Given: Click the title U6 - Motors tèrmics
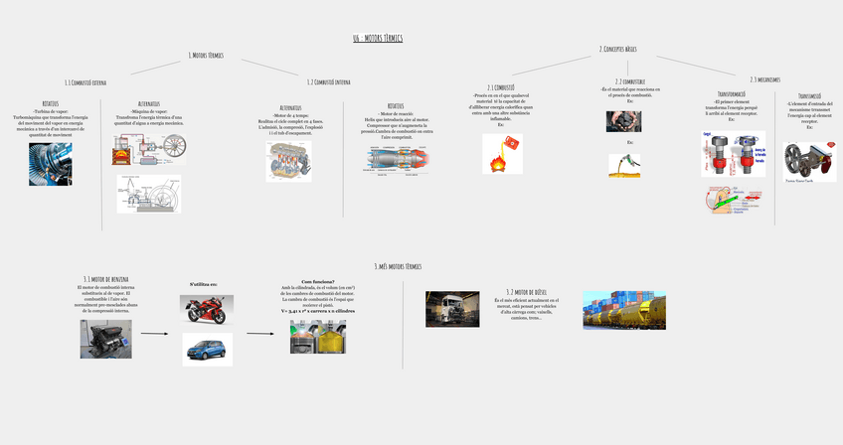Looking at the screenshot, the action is pyautogui.click(x=377, y=39).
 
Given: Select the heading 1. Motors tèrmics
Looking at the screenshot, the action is pyautogui.click(x=205, y=56).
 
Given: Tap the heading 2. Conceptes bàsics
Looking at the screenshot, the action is pyautogui.click(x=617, y=49).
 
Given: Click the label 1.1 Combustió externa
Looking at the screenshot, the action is pyautogui.click(x=85, y=82).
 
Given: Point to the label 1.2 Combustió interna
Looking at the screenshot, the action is pyautogui.click(x=328, y=82).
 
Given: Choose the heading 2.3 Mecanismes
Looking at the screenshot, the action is pyautogui.click(x=764, y=79).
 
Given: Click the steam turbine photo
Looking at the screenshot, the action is pyautogui.click(x=50, y=164).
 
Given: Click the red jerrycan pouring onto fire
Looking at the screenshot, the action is pyautogui.click(x=502, y=154).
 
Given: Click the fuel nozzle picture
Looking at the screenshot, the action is pyautogui.click(x=624, y=165).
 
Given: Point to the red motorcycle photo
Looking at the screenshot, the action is pyautogui.click(x=207, y=309).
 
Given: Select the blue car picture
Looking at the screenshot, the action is pyautogui.click(x=207, y=349).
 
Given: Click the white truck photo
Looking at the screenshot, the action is pyautogui.click(x=451, y=309).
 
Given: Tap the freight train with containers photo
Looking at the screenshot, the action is pyautogui.click(x=623, y=310).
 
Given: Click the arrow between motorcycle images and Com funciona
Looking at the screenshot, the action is pyautogui.click(x=259, y=334).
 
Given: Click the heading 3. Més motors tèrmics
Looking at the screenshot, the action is pyautogui.click(x=397, y=266).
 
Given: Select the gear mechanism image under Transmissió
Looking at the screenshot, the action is pyautogui.click(x=809, y=161).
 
